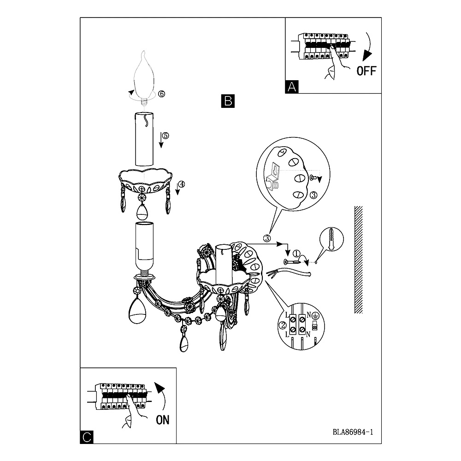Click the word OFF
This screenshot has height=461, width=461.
[x=366, y=71]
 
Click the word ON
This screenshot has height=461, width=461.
[x=163, y=420]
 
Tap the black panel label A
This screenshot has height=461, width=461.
[x=292, y=87]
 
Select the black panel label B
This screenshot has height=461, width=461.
[x=228, y=101]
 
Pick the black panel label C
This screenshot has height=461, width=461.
[x=87, y=437]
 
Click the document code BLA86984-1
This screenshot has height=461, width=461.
[x=353, y=432]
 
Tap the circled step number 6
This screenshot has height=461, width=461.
[x=161, y=94]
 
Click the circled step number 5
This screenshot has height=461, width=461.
[x=165, y=136]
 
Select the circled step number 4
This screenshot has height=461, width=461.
[x=182, y=184]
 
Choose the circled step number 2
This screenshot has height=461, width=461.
[x=283, y=325]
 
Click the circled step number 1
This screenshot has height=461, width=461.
[x=296, y=253]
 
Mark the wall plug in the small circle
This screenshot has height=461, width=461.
[x=331, y=239]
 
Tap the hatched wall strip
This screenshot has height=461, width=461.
[x=358, y=260]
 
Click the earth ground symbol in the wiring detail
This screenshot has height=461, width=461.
[x=315, y=316]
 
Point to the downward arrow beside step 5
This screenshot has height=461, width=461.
[x=161, y=140]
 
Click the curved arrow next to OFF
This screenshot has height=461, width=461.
[x=368, y=47]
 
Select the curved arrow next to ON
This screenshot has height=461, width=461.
[x=161, y=396]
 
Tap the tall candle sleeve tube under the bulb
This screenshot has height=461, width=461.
[x=144, y=139]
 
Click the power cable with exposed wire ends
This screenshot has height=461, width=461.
[x=288, y=273]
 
